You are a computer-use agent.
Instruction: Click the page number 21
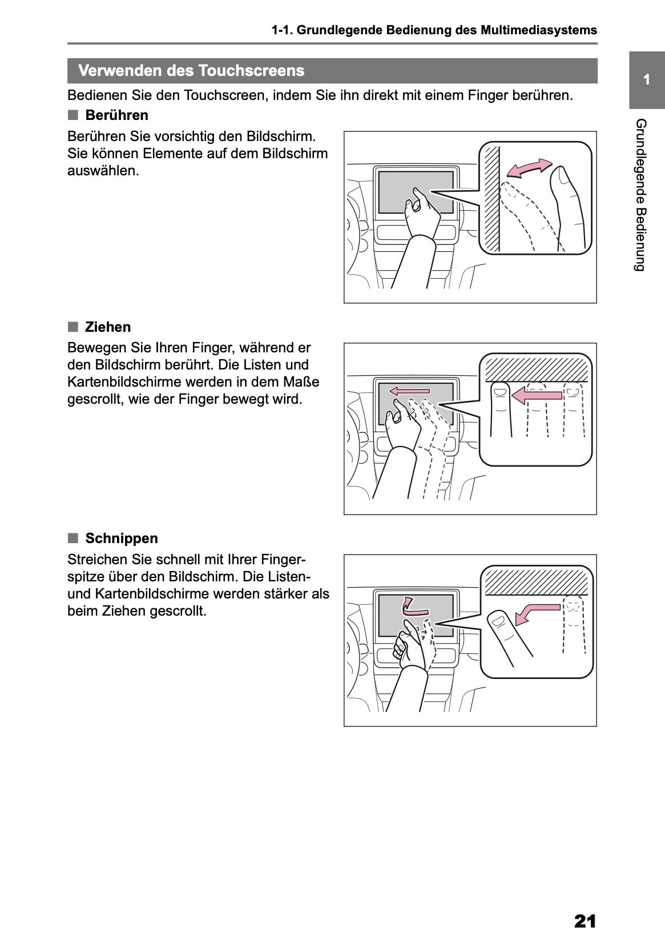[x=585, y=921]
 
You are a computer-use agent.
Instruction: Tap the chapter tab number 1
[x=646, y=80]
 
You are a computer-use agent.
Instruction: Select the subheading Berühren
[x=116, y=115]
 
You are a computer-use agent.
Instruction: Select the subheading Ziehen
[x=108, y=327]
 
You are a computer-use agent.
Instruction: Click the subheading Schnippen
[x=122, y=539]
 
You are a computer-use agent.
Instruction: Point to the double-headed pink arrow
[x=530, y=168]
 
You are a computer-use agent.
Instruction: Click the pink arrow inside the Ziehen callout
[x=536, y=394]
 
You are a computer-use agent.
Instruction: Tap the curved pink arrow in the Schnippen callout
[x=535, y=613]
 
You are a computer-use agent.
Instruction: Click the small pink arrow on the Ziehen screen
[x=409, y=391]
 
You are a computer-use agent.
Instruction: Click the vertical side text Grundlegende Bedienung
[x=640, y=195]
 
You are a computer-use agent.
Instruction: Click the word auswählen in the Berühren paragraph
[x=103, y=171]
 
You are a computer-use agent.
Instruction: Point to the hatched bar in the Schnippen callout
[x=535, y=581]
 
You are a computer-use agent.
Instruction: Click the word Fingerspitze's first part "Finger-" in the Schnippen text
[x=284, y=559]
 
